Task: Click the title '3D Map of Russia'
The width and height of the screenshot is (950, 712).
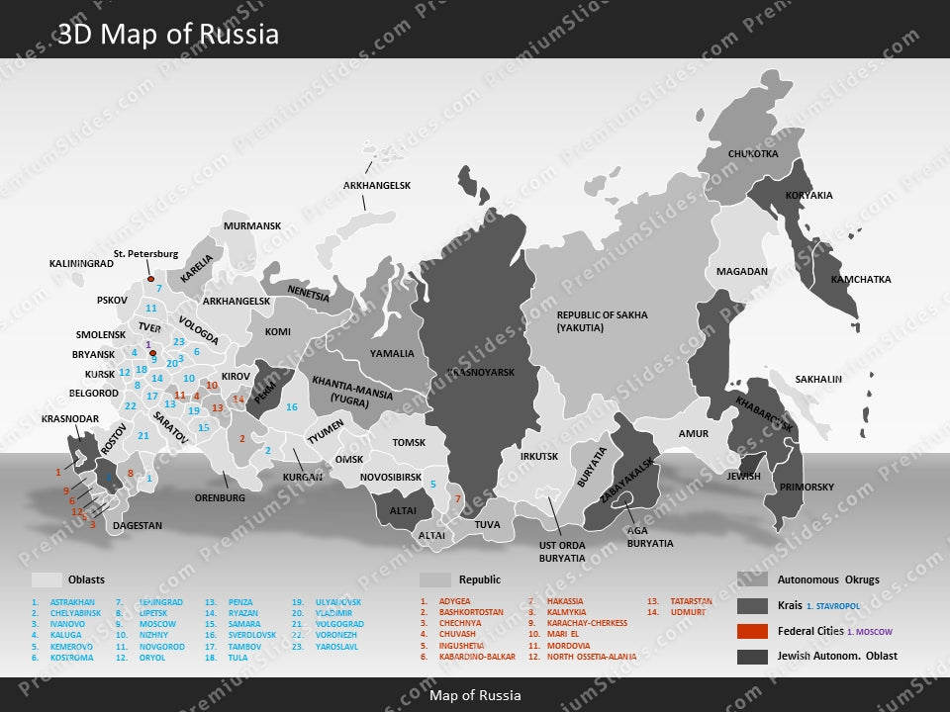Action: (x=168, y=35)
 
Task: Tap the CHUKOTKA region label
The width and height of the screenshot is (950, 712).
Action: (x=753, y=154)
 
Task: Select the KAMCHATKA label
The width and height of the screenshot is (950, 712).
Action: (x=860, y=280)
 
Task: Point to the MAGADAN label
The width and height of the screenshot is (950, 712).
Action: (x=742, y=272)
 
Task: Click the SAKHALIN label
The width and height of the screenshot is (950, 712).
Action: (x=818, y=380)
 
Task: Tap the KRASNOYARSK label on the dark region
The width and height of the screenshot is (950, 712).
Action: (x=482, y=373)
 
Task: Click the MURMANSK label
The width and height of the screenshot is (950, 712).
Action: (x=252, y=226)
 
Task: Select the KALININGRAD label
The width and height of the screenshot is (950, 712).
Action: (x=81, y=265)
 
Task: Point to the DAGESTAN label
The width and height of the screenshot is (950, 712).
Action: (x=137, y=526)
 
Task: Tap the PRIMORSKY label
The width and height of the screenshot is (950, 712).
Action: (x=807, y=488)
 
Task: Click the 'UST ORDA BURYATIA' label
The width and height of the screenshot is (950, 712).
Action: (x=562, y=551)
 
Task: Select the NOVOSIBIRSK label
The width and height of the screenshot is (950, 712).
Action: (x=392, y=478)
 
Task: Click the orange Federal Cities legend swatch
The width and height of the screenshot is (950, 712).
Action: (x=752, y=632)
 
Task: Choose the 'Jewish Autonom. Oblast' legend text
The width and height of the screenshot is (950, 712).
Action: (x=837, y=657)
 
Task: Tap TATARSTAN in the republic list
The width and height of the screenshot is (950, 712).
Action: (x=690, y=601)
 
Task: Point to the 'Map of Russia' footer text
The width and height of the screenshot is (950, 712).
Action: (x=475, y=695)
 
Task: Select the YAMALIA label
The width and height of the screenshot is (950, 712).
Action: (x=392, y=353)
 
